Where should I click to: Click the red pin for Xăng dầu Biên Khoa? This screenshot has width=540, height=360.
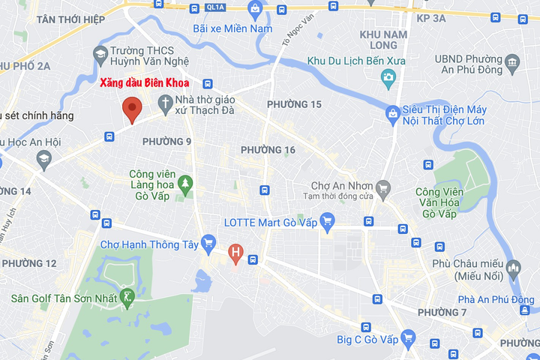point(133,109)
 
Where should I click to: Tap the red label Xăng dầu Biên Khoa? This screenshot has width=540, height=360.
point(145,83)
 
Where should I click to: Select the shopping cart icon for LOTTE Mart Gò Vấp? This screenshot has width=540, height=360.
point(326,221)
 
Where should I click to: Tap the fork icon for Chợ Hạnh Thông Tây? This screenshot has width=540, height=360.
point(208,243)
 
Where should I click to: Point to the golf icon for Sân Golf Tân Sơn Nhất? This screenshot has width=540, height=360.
point(129,298)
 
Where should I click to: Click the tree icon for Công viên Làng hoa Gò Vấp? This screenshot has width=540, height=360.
point(185,181)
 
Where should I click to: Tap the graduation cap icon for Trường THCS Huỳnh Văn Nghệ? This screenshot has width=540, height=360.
point(100,54)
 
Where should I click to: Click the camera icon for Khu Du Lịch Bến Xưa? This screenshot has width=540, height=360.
point(388,76)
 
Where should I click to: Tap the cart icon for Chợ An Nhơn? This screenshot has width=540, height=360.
point(383,186)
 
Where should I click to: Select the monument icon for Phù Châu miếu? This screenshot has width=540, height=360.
point(514,268)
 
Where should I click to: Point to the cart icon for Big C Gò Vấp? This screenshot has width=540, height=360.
point(408,339)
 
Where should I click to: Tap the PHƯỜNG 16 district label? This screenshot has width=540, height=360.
point(268,150)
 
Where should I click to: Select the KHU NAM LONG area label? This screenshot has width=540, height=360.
point(383,40)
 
